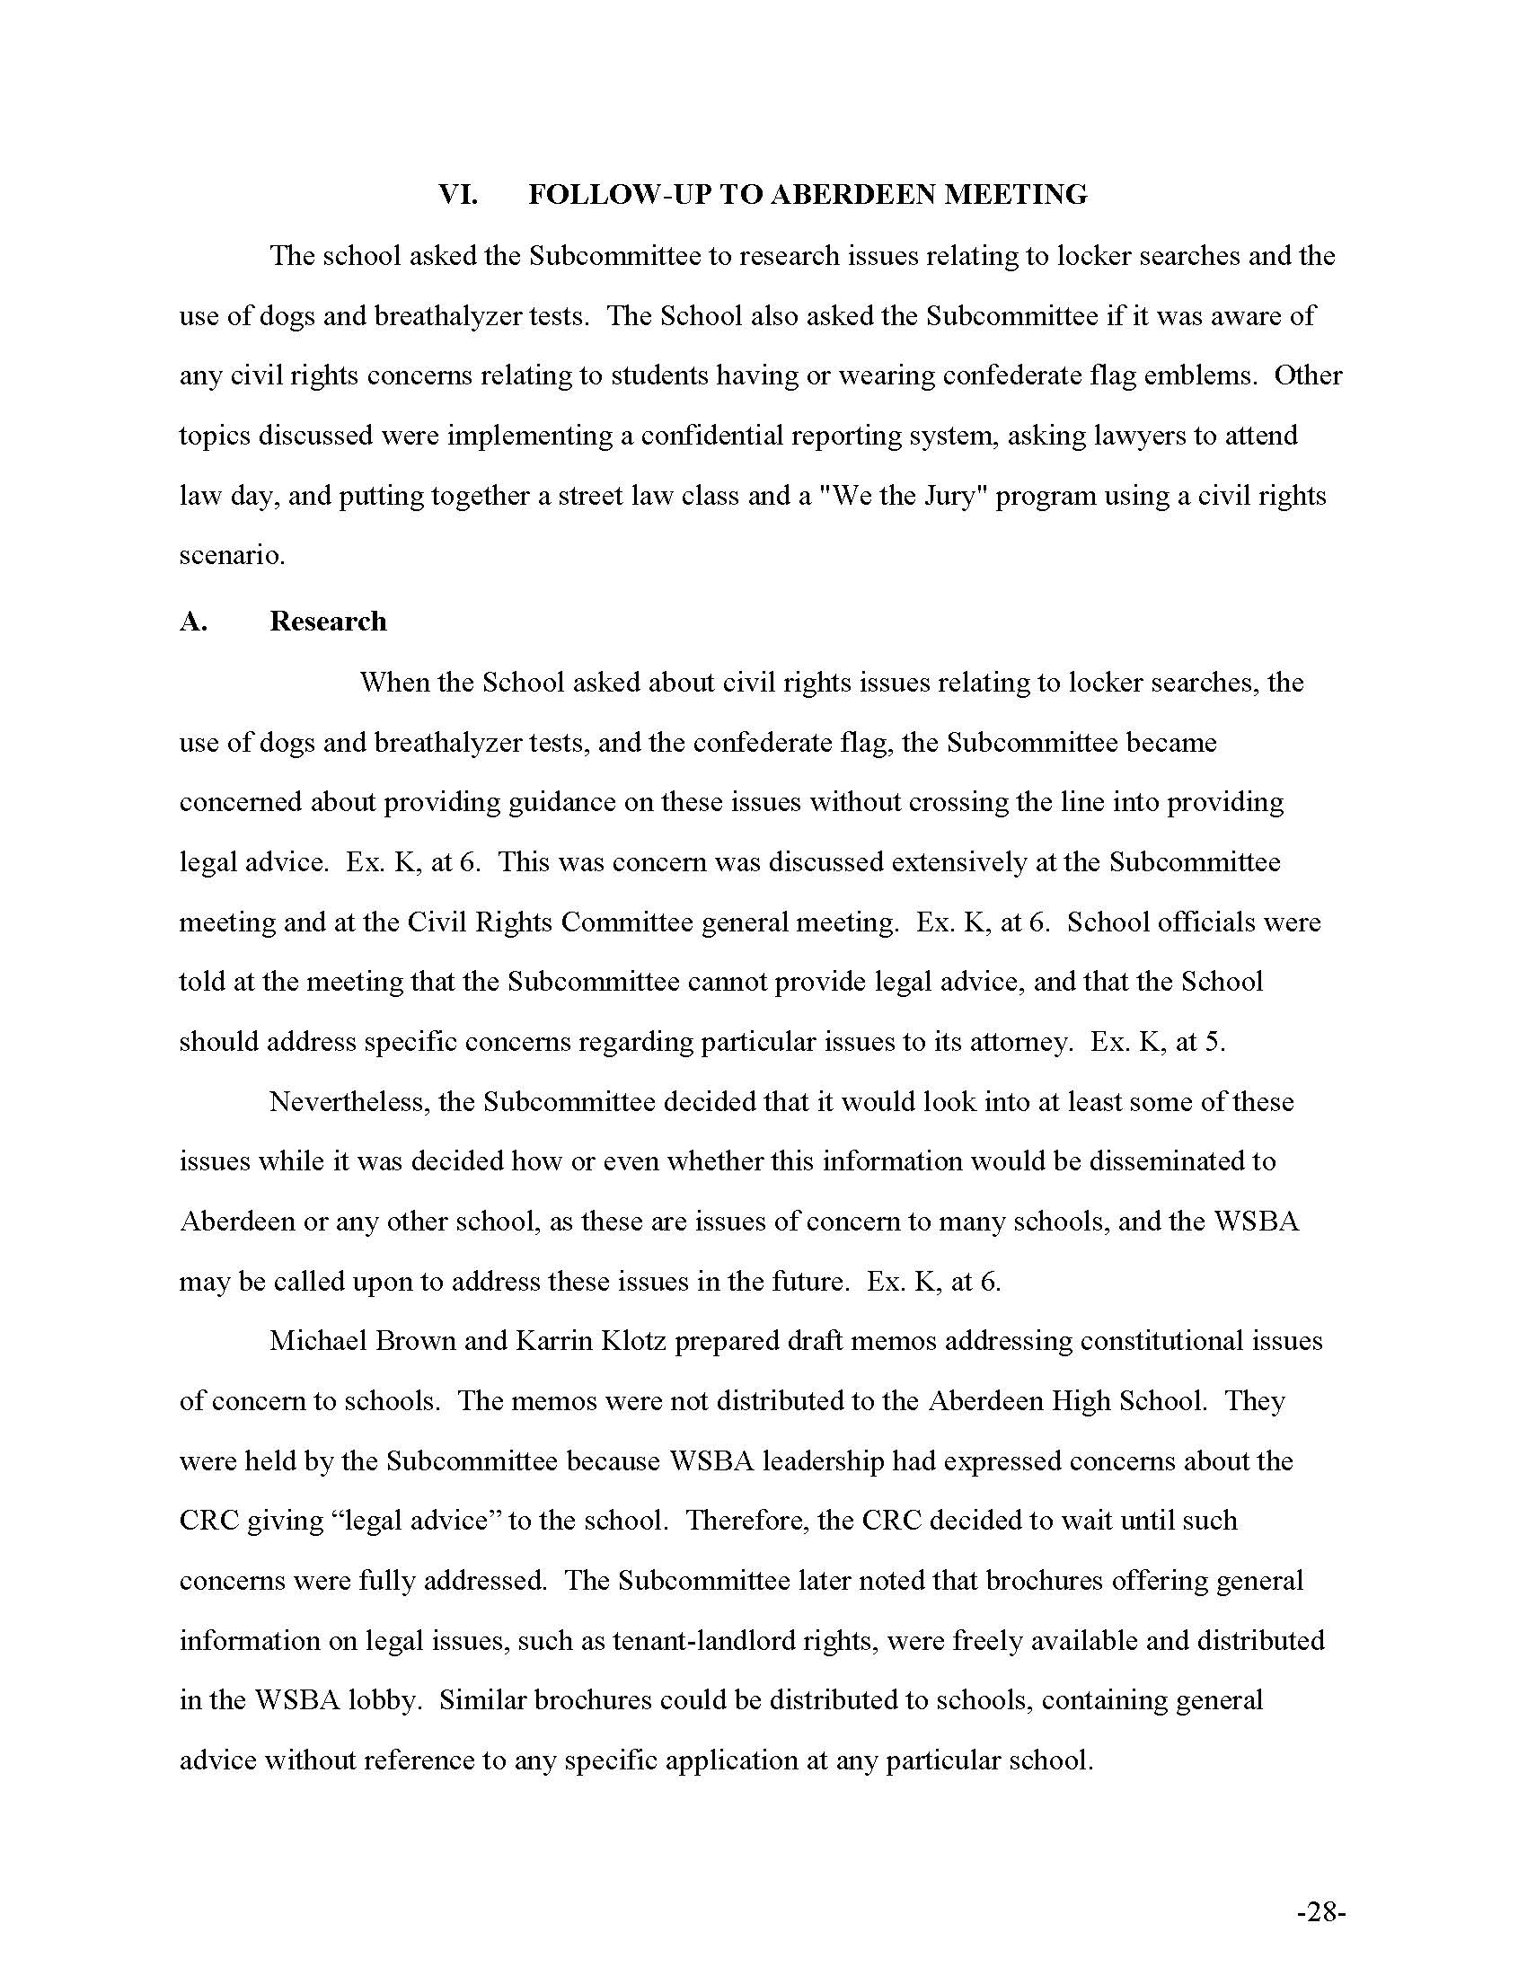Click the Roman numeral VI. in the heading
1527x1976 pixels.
(458, 196)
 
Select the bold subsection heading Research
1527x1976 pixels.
(328, 622)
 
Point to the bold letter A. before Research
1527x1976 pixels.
(193, 622)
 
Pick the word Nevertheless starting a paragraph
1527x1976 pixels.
(349, 1101)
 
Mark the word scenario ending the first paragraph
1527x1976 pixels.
(232, 555)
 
